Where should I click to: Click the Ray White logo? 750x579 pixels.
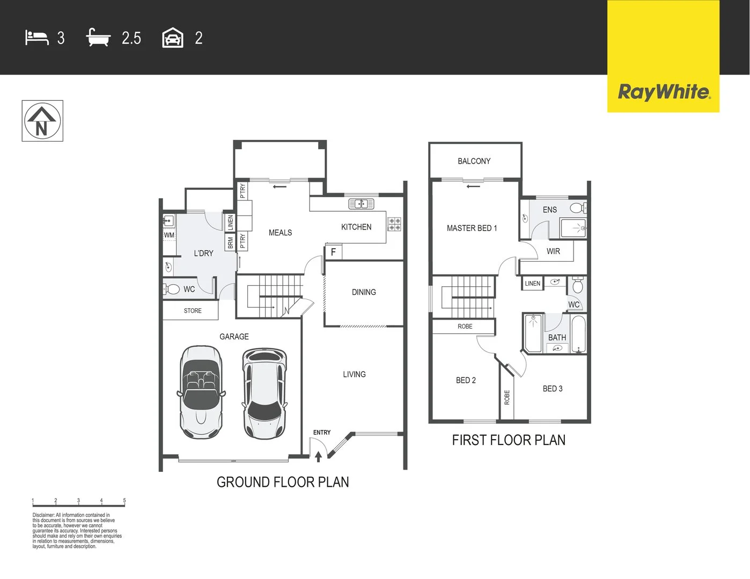coord(664,92)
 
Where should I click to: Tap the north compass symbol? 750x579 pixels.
coord(42,121)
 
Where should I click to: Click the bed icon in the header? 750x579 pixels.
coord(36,38)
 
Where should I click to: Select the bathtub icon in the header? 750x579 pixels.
coord(98,38)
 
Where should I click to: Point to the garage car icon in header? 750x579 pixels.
coord(173,39)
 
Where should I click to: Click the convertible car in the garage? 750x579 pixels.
coord(201,391)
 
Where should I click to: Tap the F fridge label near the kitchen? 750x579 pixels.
coord(333,252)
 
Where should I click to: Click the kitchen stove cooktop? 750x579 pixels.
coord(394,224)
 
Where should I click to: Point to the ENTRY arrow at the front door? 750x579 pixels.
coord(318,456)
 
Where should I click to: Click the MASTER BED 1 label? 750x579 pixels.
coord(472,228)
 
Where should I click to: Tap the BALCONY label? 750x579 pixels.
coord(474,161)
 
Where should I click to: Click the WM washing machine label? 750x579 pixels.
coord(169,235)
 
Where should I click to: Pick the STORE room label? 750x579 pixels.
coord(193,311)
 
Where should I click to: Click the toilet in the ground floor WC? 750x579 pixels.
coord(171,289)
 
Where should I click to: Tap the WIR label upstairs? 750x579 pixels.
coord(553,251)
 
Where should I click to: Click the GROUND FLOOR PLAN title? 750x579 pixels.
coord(283,482)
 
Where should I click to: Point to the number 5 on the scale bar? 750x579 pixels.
coord(124,501)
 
